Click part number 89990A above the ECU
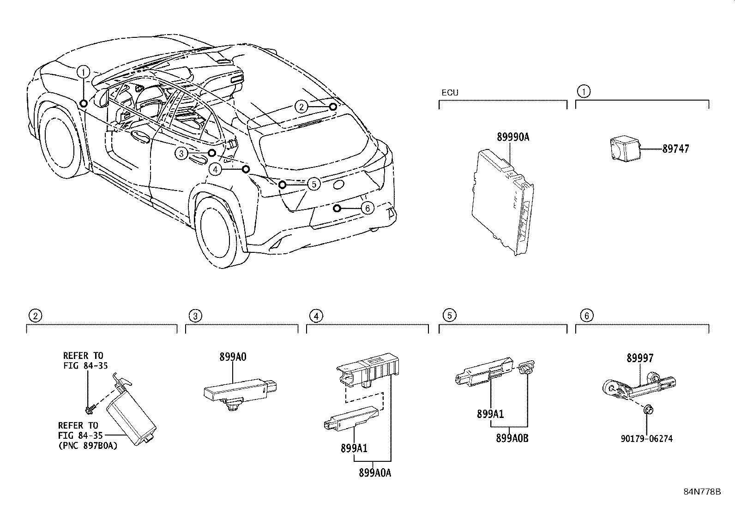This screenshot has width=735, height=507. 513,137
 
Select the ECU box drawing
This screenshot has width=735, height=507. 503,203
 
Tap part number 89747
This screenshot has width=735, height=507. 675,149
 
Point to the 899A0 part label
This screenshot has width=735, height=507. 233,357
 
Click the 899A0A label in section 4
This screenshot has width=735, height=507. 374,473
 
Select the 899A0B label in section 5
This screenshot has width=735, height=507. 512,438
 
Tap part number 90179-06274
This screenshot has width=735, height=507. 646,439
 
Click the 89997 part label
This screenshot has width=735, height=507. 640,358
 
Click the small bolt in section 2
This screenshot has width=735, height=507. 89,409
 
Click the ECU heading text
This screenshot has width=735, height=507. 450,93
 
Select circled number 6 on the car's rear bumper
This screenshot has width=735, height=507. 367,209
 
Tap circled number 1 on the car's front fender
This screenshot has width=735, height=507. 83,72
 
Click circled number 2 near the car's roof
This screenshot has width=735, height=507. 301,107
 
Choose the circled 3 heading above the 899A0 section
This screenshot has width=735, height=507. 195,316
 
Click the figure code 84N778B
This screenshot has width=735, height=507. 702,491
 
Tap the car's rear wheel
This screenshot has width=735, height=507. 216,231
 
